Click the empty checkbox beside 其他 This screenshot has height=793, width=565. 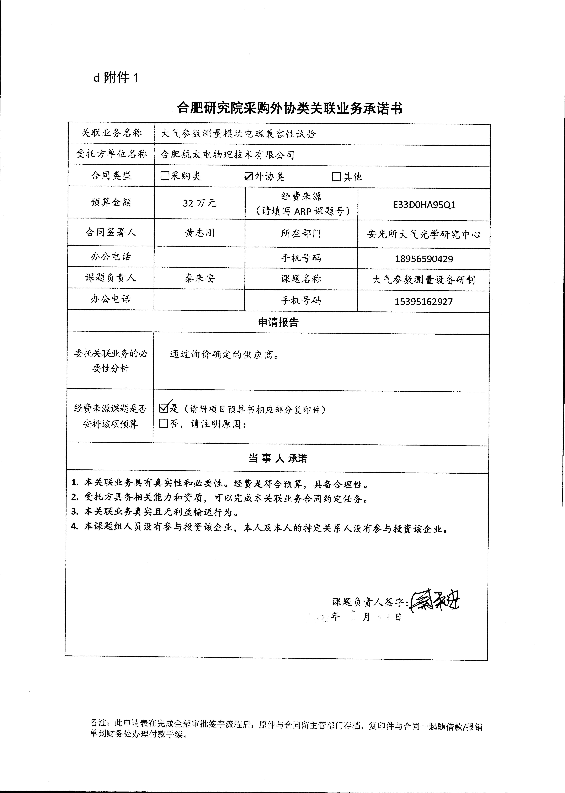(x=336, y=177)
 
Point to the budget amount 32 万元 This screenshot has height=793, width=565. (x=200, y=203)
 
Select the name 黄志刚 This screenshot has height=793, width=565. (x=200, y=233)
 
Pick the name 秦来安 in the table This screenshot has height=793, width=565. (x=200, y=278)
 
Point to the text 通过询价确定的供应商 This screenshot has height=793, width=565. (x=224, y=355)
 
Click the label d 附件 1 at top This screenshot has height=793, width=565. (x=116, y=78)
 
